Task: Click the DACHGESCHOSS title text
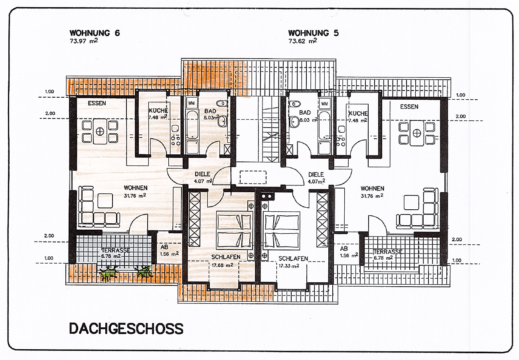click(x=126, y=329)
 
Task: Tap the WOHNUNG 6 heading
click(x=95, y=33)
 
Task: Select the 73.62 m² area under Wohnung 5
click(x=303, y=41)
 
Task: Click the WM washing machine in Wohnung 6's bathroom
click(x=191, y=103)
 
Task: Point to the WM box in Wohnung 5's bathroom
click(x=324, y=104)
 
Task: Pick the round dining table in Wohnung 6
click(x=100, y=131)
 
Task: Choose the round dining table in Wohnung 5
click(x=416, y=133)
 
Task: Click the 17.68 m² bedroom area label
click(x=223, y=265)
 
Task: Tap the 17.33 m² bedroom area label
click(x=289, y=266)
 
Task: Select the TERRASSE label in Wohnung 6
click(x=116, y=250)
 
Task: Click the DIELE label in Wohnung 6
click(x=203, y=174)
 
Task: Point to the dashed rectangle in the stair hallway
click(x=253, y=177)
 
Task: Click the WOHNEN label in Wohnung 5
click(x=372, y=189)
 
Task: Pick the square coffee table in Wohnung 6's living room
click(x=105, y=201)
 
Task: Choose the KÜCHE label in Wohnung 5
click(x=358, y=114)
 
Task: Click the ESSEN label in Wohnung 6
click(x=97, y=103)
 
